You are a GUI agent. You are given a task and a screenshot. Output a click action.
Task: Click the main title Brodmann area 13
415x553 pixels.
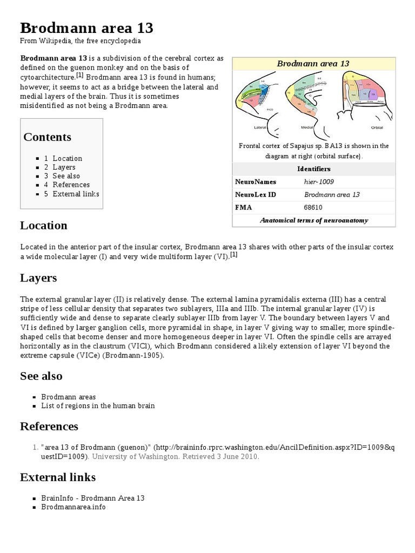(x=86, y=28)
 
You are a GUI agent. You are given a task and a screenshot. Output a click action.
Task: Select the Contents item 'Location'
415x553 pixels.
(x=67, y=158)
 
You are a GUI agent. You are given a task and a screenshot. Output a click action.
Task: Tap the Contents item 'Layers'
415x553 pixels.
(x=64, y=167)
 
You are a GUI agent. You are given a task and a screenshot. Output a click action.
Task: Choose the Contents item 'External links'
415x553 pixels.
(x=76, y=193)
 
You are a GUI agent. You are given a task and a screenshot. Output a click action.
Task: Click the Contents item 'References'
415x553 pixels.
(x=71, y=185)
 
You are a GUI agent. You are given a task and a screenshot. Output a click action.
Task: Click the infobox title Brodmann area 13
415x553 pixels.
(x=313, y=64)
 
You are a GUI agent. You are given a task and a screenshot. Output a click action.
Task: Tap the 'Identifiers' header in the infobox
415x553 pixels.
(x=314, y=169)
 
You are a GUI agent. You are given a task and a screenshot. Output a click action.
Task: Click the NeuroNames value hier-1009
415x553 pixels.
(x=319, y=182)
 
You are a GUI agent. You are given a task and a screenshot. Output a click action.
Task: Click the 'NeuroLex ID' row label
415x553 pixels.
(x=256, y=194)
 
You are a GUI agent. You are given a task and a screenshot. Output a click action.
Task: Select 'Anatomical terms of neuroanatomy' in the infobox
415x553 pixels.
(x=314, y=220)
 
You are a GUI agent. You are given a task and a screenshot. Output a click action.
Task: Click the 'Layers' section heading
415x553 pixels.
(x=38, y=278)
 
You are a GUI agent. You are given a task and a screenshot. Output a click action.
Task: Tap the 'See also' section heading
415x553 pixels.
(x=41, y=376)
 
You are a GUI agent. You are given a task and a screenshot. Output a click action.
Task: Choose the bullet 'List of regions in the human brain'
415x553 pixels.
(x=98, y=406)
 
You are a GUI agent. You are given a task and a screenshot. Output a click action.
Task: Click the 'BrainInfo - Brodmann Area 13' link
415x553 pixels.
(x=93, y=498)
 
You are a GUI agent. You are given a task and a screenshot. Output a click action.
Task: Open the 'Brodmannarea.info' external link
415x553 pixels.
(x=73, y=507)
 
